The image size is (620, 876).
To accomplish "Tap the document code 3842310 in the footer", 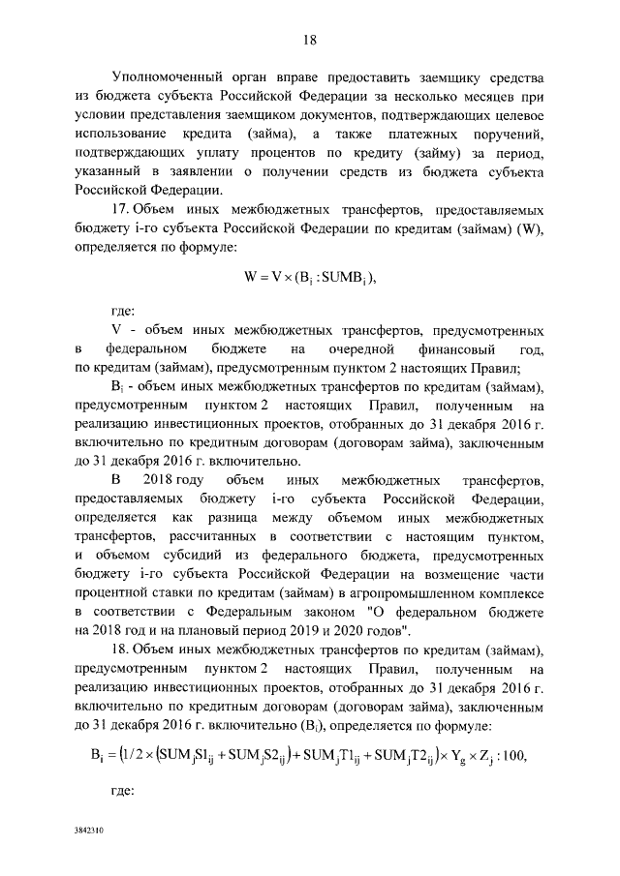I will pyautogui.click(x=89, y=831).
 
